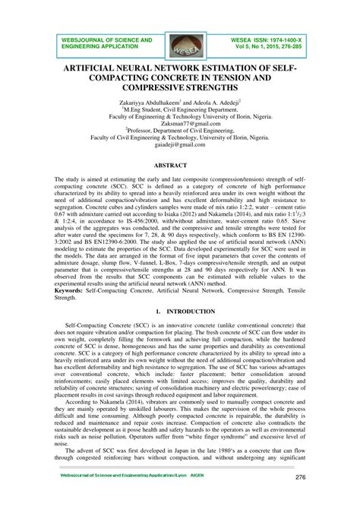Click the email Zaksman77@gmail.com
(180, 121)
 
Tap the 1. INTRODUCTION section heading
(180, 311)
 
